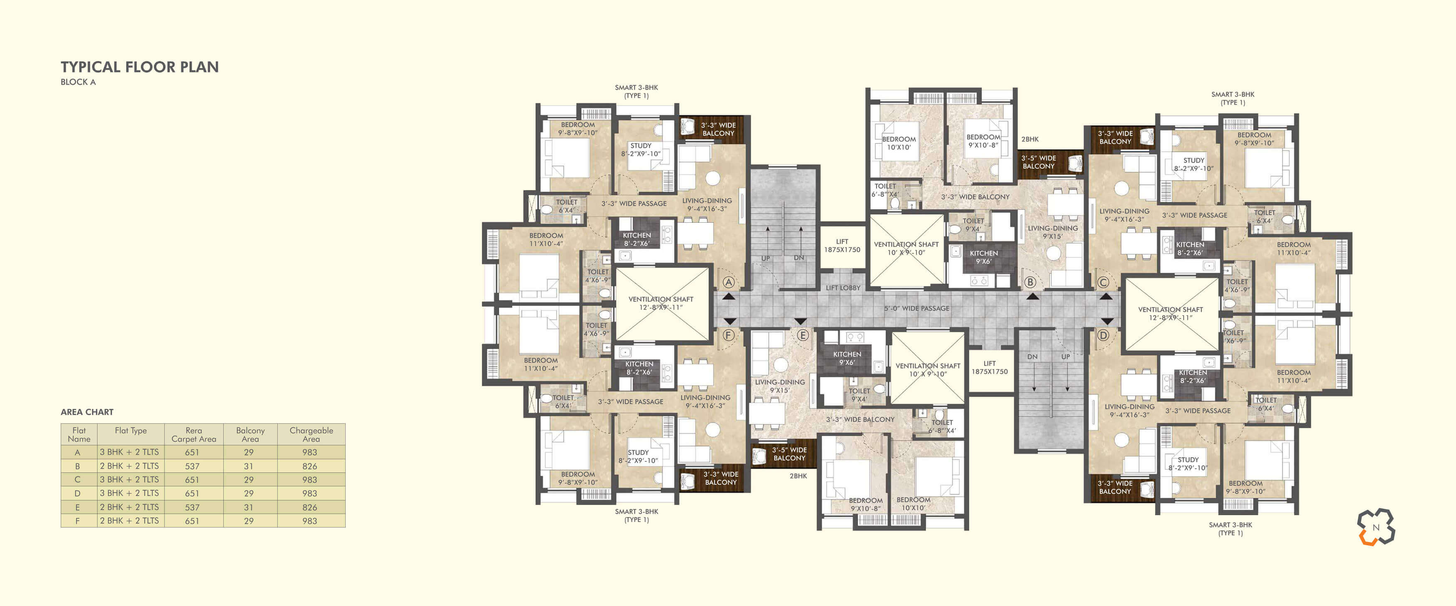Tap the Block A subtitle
[x=78, y=82]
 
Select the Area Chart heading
[x=87, y=412]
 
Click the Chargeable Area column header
[x=311, y=434]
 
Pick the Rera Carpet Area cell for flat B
[x=192, y=466]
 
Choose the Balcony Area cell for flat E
[x=249, y=507]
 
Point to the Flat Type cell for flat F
[x=129, y=521]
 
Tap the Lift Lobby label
[x=843, y=288]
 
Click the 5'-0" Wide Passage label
[x=917, y=308]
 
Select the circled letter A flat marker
[x=728, y=282]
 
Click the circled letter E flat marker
[x=802, y=335]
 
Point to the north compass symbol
[x=1376, y=527]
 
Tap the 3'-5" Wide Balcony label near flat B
[x=1038, y=162]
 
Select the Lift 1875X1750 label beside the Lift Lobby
[x=842, y=245]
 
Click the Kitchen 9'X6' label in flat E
[x=847, y=358]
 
